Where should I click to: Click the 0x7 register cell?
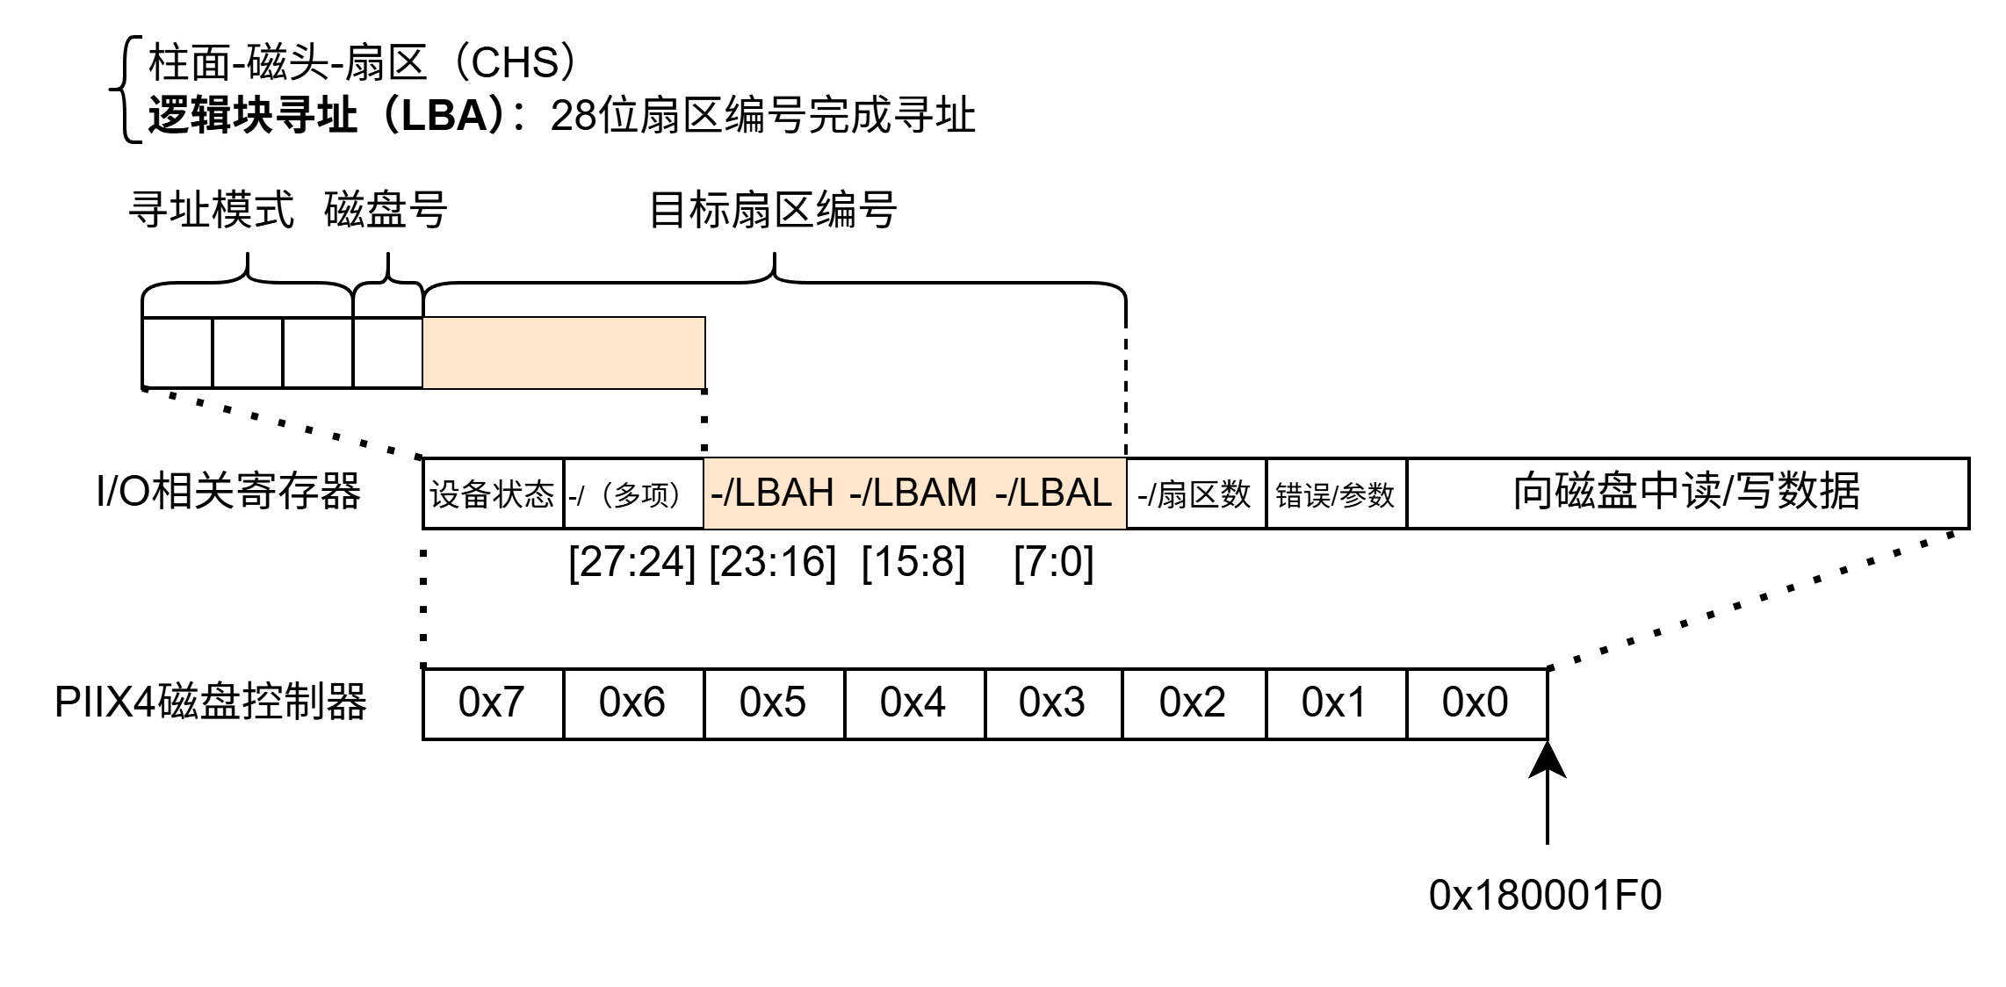point(492,703)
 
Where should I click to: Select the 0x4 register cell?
point(913,703)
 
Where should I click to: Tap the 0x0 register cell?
point(1476,703)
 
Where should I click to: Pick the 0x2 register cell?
point(1193,703)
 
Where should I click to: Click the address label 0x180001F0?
point(1546,896)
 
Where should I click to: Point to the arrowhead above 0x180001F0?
point(1547,760)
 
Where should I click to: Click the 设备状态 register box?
point(493,493)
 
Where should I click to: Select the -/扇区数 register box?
point(1194,493)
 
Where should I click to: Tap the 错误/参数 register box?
point(1335,493)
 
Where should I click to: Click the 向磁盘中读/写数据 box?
point(1686,493)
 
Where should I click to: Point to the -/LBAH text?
point(773,493)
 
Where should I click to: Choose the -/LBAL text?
point(1054,493)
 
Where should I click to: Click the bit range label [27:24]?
point(632,562)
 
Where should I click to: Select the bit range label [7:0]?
point(1054,562)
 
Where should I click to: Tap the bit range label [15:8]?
point(913,562)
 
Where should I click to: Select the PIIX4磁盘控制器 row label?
point(211,703)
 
